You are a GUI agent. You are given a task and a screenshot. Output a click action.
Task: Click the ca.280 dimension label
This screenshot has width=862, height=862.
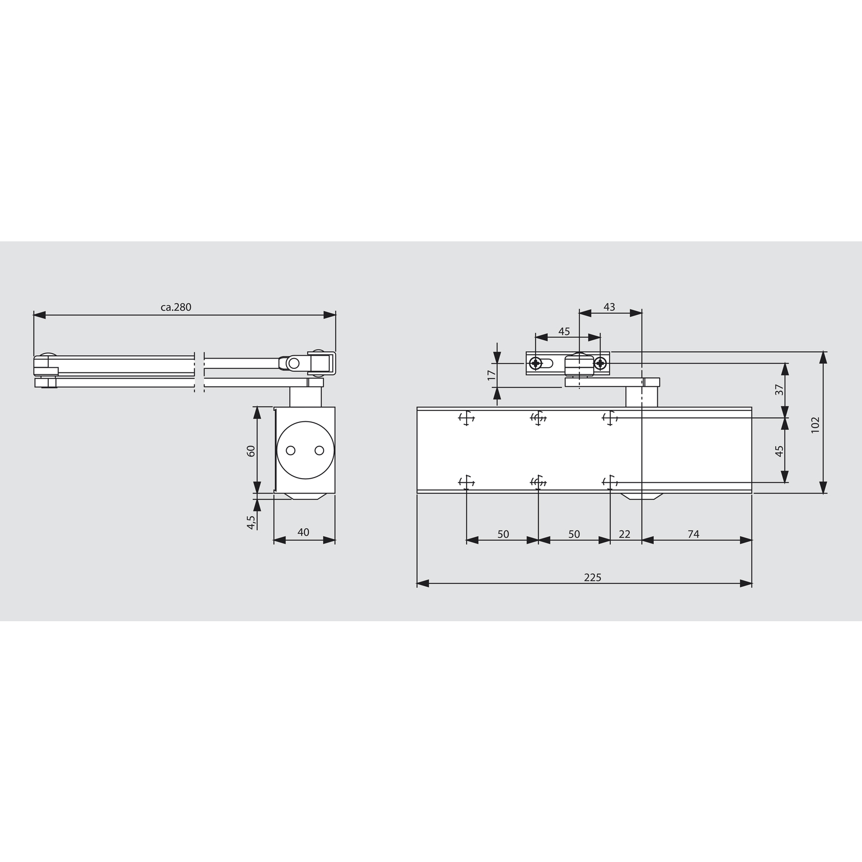176,307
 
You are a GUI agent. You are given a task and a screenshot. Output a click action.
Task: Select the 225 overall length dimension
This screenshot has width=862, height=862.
592,578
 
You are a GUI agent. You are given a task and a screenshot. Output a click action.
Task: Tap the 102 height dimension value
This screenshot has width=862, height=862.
815,424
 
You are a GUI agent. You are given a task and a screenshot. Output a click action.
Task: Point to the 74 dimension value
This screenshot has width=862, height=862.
694,534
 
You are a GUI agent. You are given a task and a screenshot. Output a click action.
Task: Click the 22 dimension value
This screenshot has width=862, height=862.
625,534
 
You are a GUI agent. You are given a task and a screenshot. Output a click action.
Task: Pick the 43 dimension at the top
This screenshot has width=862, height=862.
609,307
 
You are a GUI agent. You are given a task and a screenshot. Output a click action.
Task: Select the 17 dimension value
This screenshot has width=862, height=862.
491,375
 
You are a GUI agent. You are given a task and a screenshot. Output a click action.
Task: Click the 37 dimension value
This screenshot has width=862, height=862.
780,390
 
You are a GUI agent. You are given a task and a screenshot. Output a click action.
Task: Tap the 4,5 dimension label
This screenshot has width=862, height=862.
251,522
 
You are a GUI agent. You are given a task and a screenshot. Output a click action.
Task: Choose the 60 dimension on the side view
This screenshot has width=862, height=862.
251,451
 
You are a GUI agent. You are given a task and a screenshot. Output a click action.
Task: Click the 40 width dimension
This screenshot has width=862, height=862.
303,532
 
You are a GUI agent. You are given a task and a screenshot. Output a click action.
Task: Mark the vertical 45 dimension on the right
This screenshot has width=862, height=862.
780,451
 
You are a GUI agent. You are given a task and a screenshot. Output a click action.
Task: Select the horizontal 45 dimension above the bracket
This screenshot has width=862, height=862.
564,332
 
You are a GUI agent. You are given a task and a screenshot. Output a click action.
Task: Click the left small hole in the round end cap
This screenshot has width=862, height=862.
291,451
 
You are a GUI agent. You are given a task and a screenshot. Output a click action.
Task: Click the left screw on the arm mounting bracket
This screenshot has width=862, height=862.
536,363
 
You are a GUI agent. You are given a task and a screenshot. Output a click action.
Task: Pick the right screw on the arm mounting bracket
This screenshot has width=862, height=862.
600,363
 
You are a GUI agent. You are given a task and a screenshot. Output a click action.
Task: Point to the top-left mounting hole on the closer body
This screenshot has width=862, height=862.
466,418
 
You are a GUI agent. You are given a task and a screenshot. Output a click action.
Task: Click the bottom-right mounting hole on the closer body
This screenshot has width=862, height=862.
610,482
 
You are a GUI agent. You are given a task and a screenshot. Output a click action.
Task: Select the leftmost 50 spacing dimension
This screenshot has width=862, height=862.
503,534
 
